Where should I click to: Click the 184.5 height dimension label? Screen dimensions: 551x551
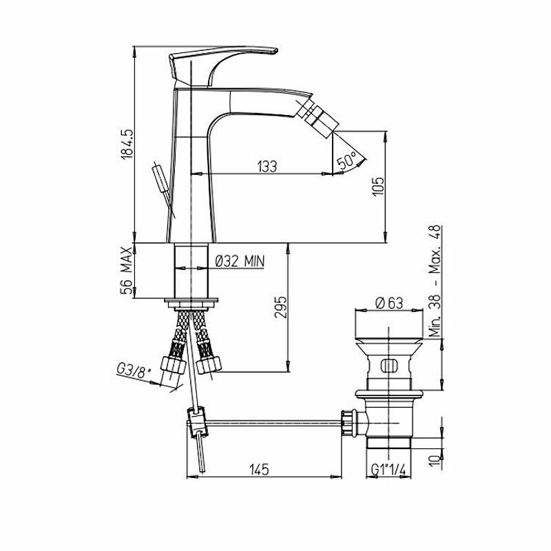[x=127, y=144]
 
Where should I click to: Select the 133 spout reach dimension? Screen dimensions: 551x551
[x=267, y=166]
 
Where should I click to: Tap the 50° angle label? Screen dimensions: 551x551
[x=346, y=160]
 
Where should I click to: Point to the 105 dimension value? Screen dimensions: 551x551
[x=378, y=186]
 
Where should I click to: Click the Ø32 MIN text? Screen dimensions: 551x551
[x=240, y=261]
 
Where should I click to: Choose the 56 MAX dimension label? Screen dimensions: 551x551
[x=127, y=270]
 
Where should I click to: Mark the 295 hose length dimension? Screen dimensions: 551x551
[x=280, y=307]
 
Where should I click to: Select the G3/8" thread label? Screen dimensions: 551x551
[x=134, y=371]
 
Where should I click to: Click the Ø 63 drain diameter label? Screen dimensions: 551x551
[x=388, y=303]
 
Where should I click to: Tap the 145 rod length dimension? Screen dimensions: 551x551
[x=260, y=470]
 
